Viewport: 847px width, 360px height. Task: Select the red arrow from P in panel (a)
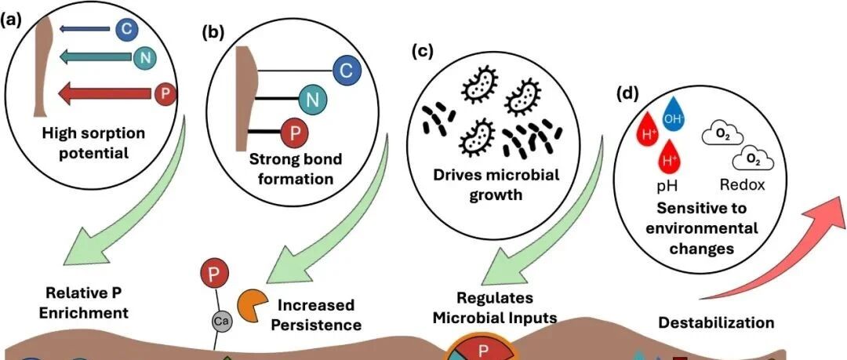[104, 94]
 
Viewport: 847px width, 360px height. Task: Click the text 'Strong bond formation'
[296, 169]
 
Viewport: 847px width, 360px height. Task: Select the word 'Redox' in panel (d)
[743, 185]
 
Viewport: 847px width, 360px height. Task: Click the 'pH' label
[666, 187]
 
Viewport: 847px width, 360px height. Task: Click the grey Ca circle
[221, 321]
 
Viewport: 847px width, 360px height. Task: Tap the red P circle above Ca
[214, 273]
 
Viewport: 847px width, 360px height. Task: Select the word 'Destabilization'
[716, 323]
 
